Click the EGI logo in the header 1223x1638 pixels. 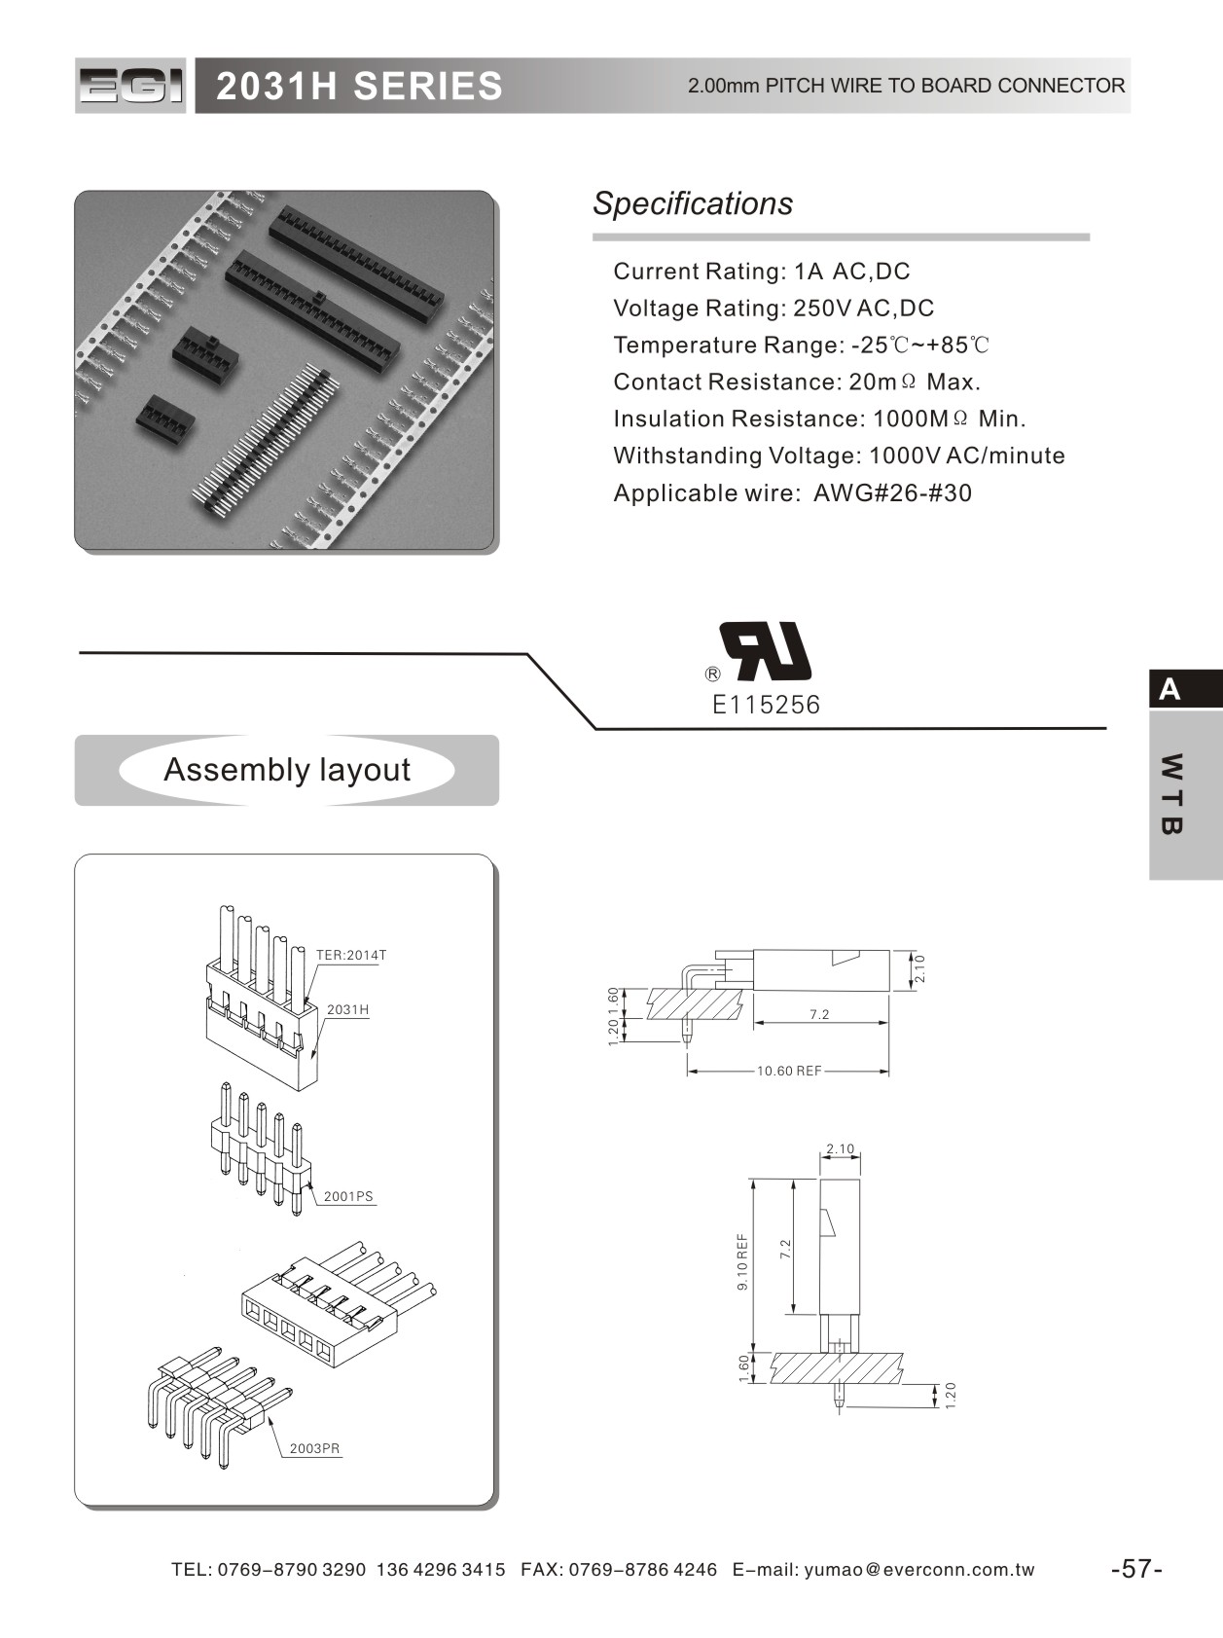pos(130,87)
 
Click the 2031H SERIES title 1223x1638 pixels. pos(359,87)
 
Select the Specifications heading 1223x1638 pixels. pos(693,203)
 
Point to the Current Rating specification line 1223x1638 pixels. pos(761,272)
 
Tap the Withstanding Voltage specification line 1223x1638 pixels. pos(839,455)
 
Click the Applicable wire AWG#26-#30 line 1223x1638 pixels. pos(792,492)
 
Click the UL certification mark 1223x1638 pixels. pos(765,651)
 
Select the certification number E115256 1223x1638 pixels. pos(766,705)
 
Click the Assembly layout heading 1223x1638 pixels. pos(287,770)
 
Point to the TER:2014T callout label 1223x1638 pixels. pos(350,955)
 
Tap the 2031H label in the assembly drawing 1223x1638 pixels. pos(347,1009)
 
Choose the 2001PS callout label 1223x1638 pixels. pos(348,1196)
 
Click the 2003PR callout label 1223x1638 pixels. pos(314,1448)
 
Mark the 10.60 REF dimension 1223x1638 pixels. pos(789,1071)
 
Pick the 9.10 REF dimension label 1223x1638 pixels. pos(742,1261)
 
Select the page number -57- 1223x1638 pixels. pos(1136,1569)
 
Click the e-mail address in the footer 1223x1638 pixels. pos(918,1570)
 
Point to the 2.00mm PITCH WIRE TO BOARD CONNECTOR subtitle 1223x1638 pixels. pos(906,86)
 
